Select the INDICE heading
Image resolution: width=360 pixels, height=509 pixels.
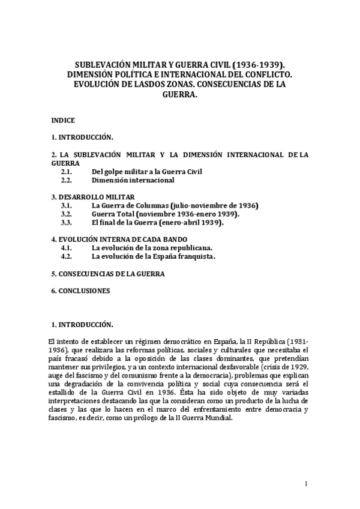[63, 120]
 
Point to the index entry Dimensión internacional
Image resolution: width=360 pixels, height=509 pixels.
[133, 179]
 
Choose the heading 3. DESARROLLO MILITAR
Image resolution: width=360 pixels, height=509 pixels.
[93, 197]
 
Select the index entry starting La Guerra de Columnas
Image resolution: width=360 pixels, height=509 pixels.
[175, 205]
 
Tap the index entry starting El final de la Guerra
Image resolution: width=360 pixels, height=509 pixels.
[157, 222]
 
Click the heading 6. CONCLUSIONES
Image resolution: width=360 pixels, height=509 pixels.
[81, 291]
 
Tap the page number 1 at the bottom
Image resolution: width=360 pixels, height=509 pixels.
[306, 483]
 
